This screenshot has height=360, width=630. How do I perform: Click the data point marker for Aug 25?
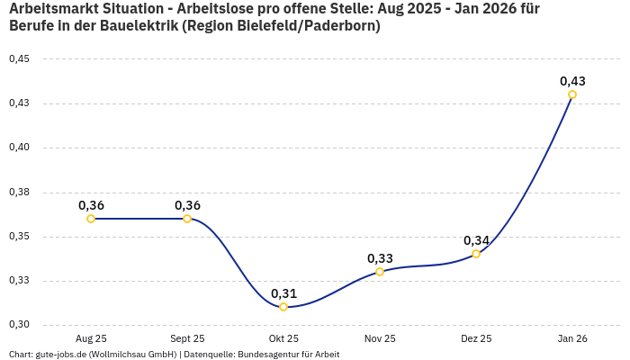[91, 219]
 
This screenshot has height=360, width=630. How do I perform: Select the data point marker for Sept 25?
[187, 219]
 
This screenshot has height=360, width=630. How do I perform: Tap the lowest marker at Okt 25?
[283, 307]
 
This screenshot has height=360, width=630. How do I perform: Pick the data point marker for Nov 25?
[380, 272]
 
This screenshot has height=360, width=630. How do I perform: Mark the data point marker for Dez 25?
[476, 254]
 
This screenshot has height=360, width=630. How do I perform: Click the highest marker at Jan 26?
[572, 94]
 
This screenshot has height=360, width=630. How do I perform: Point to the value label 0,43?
[572, 81]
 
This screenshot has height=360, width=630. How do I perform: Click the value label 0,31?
[283, 293]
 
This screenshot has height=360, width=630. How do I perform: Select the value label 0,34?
[476, 240]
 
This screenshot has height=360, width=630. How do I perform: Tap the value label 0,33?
[380, 258]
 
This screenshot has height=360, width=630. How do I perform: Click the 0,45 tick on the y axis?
[19, 59]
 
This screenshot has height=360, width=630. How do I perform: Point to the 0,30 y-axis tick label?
[19, 325]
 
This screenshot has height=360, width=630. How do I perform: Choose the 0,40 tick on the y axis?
[19, 148]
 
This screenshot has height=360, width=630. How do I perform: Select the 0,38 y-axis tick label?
[19, 192]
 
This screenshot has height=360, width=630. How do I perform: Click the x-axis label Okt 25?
[283, 339]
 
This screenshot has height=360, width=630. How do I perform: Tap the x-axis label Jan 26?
[572, 339]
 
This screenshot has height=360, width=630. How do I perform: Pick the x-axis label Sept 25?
[187, 339]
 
